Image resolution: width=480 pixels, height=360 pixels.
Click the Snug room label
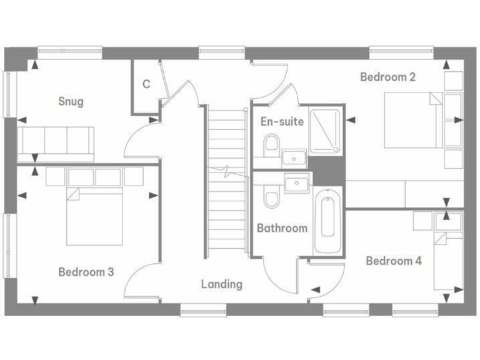click(71, 101)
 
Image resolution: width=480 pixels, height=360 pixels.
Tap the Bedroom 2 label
click(387, 77)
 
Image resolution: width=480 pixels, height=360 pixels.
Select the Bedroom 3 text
click(86, 272)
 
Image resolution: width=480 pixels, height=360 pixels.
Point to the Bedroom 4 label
click(393, 261)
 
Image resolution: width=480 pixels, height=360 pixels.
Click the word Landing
click(221, 284)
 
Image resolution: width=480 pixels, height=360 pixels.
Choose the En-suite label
click(282, 121)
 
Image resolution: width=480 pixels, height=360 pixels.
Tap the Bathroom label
click(282, 228)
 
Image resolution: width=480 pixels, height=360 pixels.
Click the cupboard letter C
click(146, 84)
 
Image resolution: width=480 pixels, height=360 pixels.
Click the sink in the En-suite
click(293, 156)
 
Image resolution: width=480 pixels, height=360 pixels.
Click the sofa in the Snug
click(55, 141)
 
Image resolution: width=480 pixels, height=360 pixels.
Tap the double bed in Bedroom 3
click(94, 216)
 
